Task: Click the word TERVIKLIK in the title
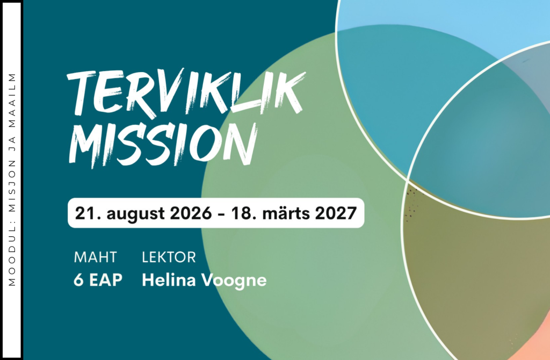(186, 92)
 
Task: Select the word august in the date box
(135, 214)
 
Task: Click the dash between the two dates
(221, 214)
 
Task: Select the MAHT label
(95, 257)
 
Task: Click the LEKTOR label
(169, 257)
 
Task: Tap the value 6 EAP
(98, 280)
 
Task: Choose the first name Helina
(169, 280)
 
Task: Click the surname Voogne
(234, 282)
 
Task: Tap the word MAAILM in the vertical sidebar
(12, 99)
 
